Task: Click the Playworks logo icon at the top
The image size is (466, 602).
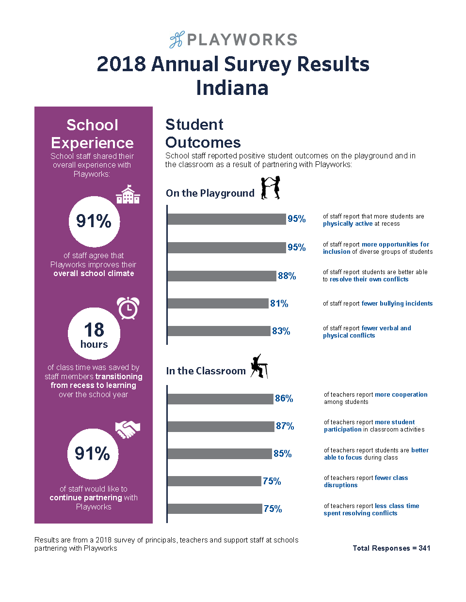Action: (x=177, y=40)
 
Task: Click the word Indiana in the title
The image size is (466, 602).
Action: (x=232, y=88)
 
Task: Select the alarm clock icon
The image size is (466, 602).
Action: (x=128, y=308)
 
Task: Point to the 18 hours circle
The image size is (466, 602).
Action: (x=94, y=334)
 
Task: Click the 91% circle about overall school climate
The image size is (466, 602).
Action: (x=94, y=221)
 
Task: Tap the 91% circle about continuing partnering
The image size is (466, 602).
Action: (x=93, y=454)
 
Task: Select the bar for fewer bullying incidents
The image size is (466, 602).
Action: (x=218, y=304)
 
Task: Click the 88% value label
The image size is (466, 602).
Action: (x=287, y=276)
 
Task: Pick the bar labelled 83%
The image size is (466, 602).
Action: (x=219, y=331)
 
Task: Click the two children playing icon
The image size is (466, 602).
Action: (x=271, y=188)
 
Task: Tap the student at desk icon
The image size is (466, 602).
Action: (x=259, y=366)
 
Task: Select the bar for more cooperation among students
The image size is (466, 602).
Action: (x=221, y=399)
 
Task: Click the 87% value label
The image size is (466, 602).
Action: (x=285, y=426)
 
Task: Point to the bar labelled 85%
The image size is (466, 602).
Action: (x=220, y=454)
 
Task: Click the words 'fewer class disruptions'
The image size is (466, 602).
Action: (x=366, y=481)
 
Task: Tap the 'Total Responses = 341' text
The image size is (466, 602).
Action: (x=391, y=548)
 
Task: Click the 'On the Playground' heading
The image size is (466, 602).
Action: (x=210, y=193)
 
